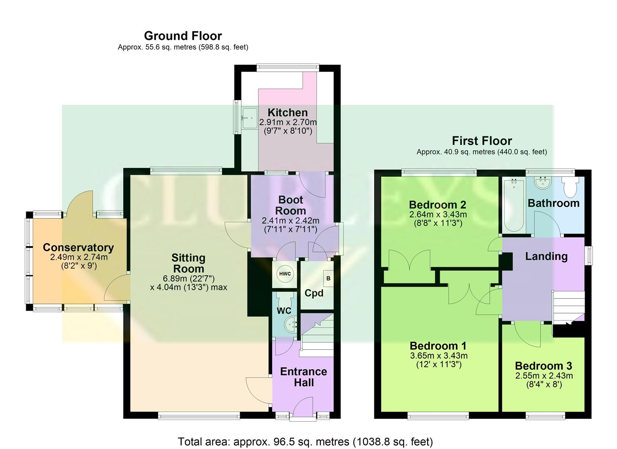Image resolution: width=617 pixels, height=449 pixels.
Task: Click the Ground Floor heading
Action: click(x=183, y=36)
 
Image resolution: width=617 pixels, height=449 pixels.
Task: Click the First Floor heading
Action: click(x=482, y=141)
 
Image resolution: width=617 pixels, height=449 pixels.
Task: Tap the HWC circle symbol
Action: click(x=285, y=274)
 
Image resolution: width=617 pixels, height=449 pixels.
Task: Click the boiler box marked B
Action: click(x=328, y=278)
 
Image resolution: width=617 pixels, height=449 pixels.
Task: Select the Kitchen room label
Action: click(x=288, y=112)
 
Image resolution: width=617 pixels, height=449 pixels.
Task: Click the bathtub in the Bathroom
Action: click(x=514, y=205)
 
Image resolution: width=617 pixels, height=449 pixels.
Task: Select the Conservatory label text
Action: click(x=78, y=247)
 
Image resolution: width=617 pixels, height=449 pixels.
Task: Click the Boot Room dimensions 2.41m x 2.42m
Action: click(x=290, y=221)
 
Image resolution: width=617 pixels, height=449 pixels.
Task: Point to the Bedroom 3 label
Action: click(x=543, y=366)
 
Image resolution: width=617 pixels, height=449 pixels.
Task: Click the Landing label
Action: click(x=546, y=256)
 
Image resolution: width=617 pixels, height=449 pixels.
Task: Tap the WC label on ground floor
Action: click(x=284, y=311)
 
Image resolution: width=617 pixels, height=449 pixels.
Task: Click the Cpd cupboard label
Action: click(x=314, y=293)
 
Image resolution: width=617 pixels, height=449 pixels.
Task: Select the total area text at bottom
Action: click(x=305, y=442)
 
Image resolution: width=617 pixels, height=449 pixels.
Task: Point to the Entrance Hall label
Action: click(x=303, y=377)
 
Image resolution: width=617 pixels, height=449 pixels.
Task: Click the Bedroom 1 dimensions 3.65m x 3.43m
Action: click(x=438, y=356)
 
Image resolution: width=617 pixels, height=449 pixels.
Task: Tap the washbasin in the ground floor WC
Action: click(x=290, y=323)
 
